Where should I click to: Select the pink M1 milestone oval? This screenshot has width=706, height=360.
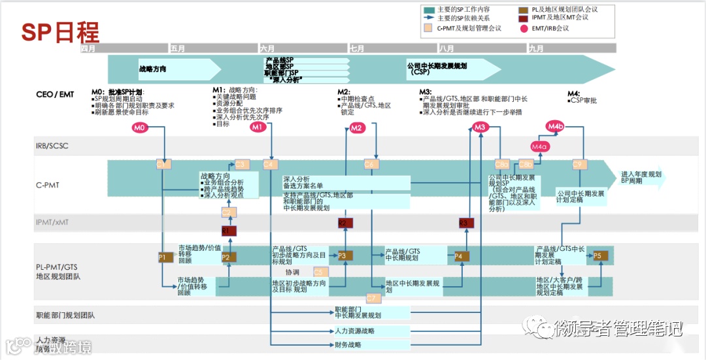pyautogui.click(x=258, y=127)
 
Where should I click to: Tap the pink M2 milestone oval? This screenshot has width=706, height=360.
pyautogui.click(x=356, y=128)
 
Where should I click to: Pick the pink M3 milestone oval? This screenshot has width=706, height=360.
pyautogui.click(x=480, y=127)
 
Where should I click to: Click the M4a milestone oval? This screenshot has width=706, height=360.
pyautogui.click(x=539, y=147)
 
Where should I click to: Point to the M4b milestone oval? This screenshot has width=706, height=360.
pyautogui.click(x=555, y=125)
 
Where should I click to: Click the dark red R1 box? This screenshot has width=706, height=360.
pyautogui.click(x=228, y=231)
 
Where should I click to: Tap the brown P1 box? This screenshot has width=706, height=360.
pyautogui.click(x=163, y=257)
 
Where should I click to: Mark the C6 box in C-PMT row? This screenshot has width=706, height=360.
pyautogui.click(x=370, y=164)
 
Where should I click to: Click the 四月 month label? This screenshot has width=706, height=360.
pyautogui.click(x=89, y=48)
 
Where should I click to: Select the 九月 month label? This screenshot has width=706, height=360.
pyautogui.click(x=536, y=48)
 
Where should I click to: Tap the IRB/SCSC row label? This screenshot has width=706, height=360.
pyautogui.click(x=52, y=146)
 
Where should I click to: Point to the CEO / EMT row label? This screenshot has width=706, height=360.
pyautogui.click(x=55, y=95)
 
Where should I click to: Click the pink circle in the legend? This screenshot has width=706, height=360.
pyautogui.click(x=523, y=29)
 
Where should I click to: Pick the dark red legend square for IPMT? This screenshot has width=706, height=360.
pyautogui.click(x=523, y=18)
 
